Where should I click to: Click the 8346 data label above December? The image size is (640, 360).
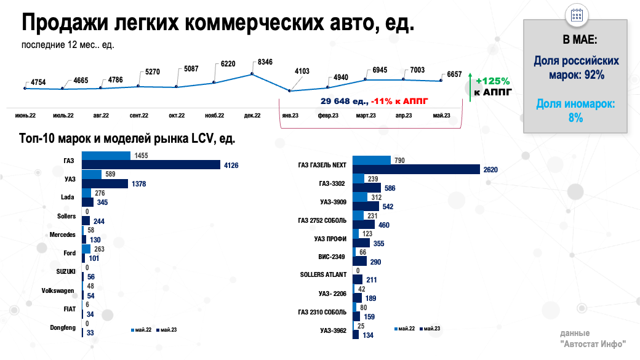(265, 62)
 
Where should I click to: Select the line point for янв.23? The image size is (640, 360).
(289, 91)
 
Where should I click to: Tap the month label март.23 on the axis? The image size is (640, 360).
(366, 115)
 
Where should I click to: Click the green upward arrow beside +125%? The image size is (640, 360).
(470, 87)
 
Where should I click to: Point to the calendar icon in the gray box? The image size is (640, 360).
(577, 15)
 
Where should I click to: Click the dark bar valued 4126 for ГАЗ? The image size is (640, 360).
(151, 165)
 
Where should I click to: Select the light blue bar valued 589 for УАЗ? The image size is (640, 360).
(92, 174)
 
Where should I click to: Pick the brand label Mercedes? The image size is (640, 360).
(63, 234)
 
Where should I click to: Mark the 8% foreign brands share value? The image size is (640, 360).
(576, 118)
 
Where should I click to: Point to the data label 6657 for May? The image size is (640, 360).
(454, 74)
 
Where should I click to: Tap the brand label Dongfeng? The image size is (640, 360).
(63, 327)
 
